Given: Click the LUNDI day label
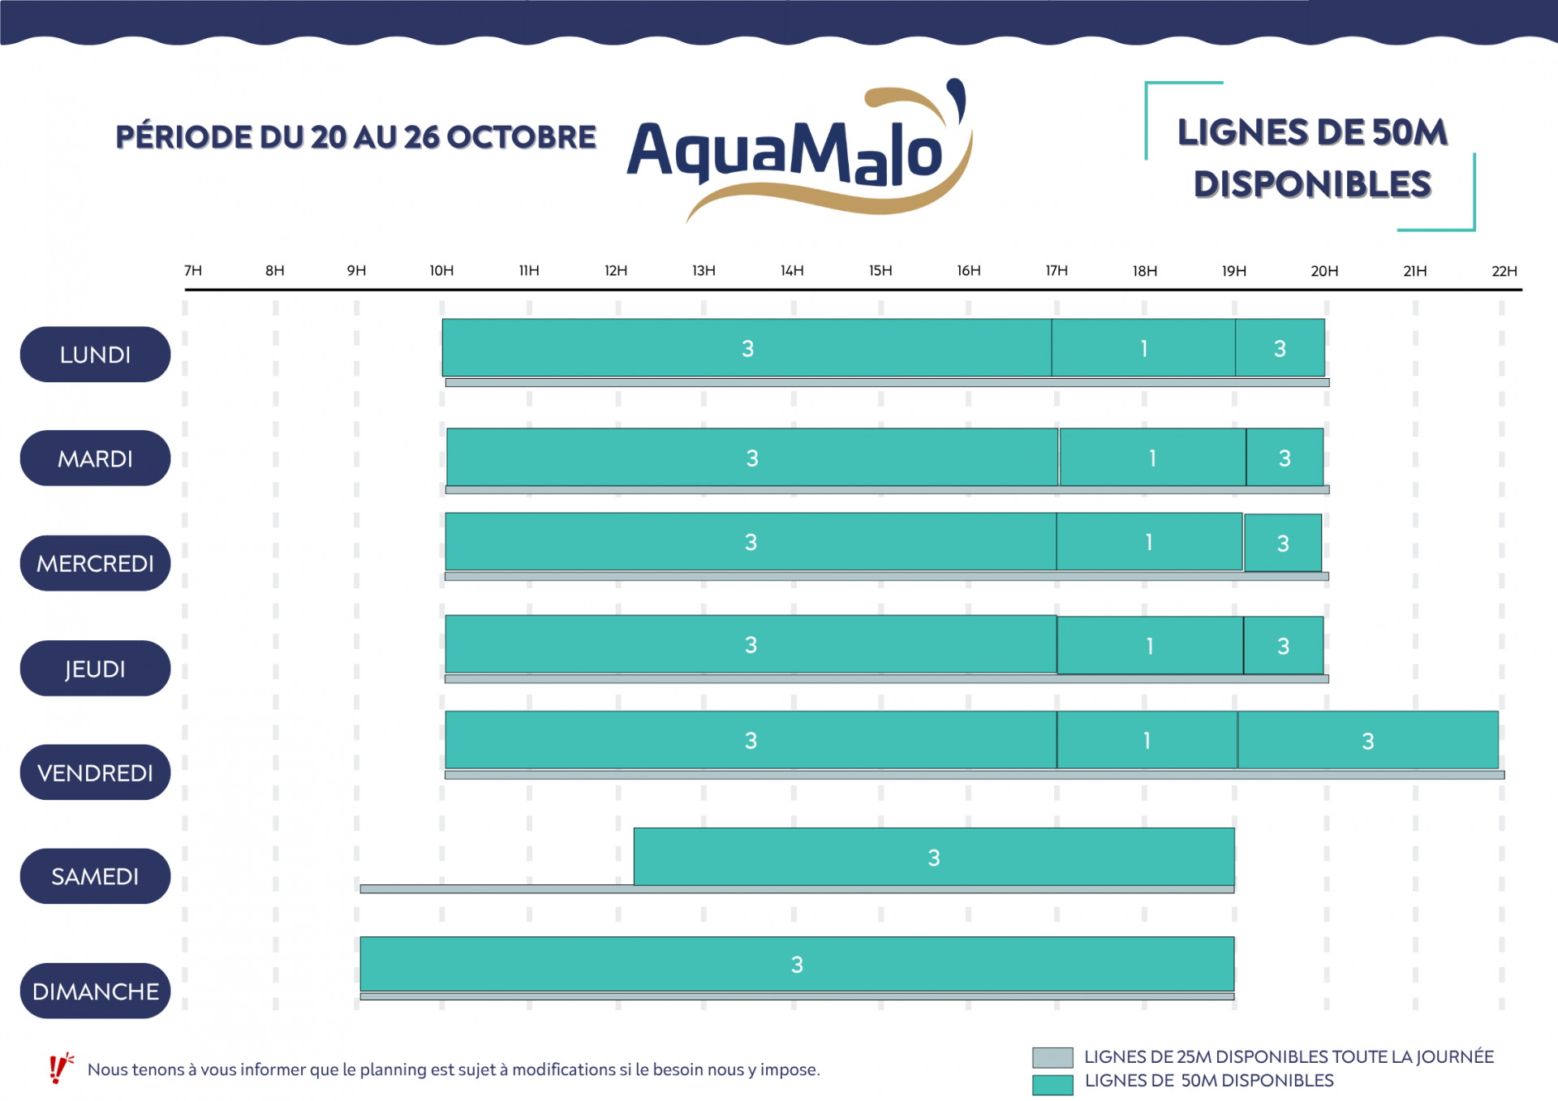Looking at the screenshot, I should (95, 355).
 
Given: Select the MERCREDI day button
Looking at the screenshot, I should (95, 563).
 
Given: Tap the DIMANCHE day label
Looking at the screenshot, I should (95, 991).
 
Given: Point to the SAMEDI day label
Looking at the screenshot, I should (95, 876).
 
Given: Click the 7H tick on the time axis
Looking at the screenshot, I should (193, 271).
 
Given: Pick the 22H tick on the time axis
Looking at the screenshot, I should (1504, 271).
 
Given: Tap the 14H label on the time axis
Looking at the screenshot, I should (792, 271).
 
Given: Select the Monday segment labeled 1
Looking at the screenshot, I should (1143, 348).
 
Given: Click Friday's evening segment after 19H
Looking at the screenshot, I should (1368, 740).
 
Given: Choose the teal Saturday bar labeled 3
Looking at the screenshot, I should (933, 857).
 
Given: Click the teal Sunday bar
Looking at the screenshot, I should (797, 964).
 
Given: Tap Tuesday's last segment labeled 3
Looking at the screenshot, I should (1285, 458).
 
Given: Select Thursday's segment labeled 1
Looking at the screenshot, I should (1150, 646).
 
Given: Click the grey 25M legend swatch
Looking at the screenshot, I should (1052, 1057).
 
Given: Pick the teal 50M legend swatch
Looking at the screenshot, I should (1052, 1084).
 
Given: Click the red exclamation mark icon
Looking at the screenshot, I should (58, 1068).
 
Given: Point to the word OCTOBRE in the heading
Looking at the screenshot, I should (521, 137).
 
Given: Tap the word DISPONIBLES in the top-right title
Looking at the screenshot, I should (1312, 184).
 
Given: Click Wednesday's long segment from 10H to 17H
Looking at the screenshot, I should (751, 542).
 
